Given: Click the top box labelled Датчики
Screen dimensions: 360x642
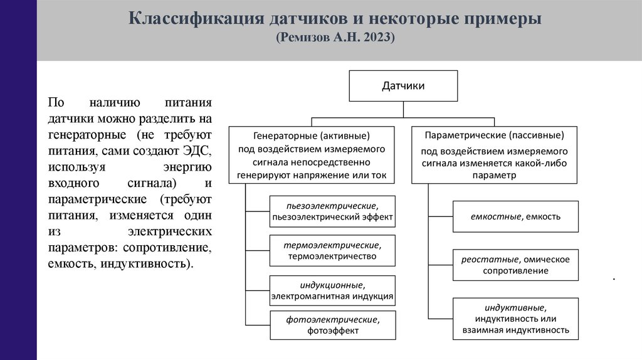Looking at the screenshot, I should click(403, 86).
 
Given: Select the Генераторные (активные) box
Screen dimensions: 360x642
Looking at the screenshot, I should click(312, 154).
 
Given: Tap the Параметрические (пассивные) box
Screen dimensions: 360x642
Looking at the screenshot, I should click(494, 154).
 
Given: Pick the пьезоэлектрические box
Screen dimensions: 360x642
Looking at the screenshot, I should click(332, 211).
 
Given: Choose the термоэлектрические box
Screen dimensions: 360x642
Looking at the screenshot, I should click(332, 250).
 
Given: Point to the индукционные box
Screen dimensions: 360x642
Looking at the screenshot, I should click(332, 290).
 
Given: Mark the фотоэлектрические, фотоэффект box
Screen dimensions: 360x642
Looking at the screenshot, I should click(333, 325).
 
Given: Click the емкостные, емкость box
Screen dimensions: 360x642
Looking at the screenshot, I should click(515, 216).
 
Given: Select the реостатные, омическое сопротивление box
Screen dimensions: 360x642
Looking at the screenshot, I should click(515, 265).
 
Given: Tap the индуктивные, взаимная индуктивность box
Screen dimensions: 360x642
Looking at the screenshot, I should click(515, 319).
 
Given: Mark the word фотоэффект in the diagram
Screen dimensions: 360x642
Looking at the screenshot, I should click(333, 331).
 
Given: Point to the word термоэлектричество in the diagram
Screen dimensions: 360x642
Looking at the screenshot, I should click(332, 256).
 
